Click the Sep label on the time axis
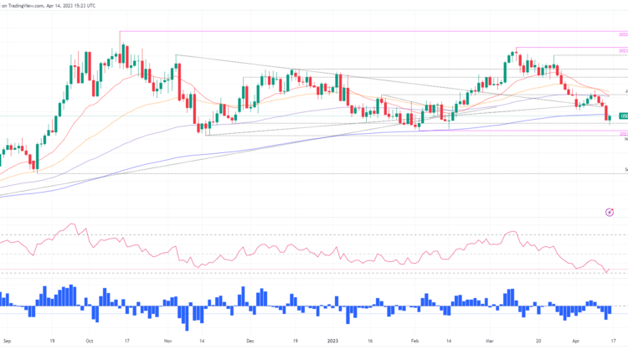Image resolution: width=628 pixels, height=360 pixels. (x=7, y=342)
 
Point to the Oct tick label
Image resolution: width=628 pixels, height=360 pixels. (x=90, y=342)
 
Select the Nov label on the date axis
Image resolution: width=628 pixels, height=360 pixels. (x=168, y=342)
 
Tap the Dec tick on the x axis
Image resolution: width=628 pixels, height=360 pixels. (x=250, y=342)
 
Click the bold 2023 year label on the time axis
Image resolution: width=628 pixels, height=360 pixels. (x=332, y=342)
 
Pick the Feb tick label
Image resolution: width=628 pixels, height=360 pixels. (x=416, y=342)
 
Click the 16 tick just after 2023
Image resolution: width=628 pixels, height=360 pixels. (x=369, y=342)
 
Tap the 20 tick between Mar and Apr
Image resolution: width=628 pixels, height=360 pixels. (x=538, y=342)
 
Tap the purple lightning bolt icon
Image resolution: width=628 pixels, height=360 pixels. (x=608, y=213)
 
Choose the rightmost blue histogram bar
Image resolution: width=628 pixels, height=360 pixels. (x=609, y=310)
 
